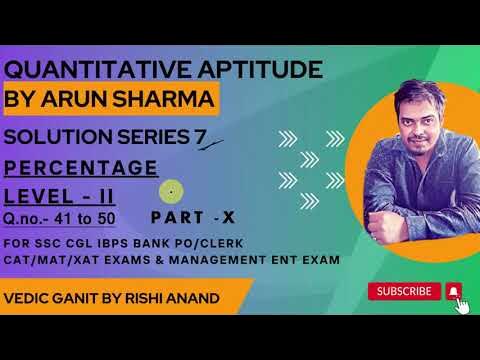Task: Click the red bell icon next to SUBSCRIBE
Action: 455,291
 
